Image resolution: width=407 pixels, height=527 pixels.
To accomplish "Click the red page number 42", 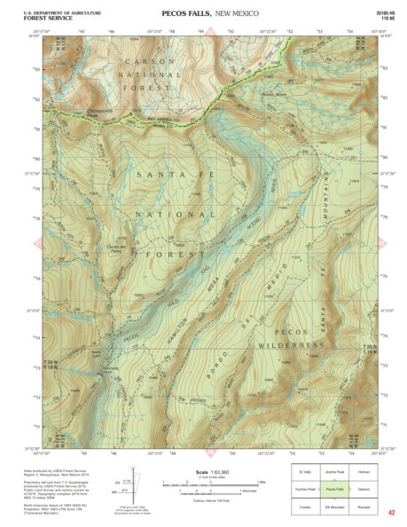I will coord(391,513).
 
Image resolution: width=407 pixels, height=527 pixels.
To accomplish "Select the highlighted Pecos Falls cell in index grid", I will coord(334,489).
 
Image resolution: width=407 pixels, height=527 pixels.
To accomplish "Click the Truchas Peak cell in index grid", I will coord(306,489).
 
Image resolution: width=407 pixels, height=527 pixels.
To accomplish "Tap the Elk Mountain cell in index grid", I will coord(334,506).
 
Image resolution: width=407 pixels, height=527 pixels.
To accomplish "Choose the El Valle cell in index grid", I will coord(306,472).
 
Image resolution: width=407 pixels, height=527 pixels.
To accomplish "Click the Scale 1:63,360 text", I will coord(209,472).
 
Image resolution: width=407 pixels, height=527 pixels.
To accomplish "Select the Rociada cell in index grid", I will coord(364,506).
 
